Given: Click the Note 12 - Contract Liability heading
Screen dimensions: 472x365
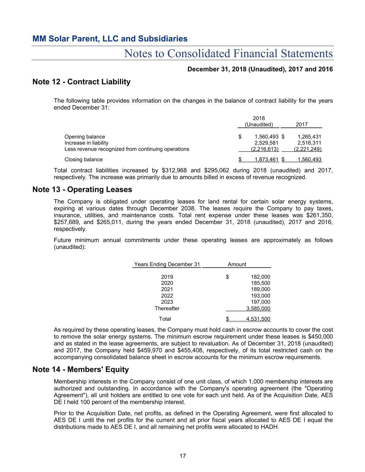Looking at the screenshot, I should point(81,82).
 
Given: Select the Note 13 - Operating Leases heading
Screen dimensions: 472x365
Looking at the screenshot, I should point(82,189).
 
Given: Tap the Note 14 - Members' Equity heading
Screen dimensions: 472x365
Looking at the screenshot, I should point(80,370).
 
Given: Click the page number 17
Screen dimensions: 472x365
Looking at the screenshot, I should point(183,456).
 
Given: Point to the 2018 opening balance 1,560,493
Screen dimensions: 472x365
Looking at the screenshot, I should point(266,137).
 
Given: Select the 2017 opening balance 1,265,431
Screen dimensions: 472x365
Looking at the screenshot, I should point(309,137).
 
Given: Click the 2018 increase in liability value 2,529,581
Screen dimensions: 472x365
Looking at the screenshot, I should point(266,143).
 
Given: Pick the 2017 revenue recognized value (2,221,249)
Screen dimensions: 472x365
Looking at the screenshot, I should point(308,149).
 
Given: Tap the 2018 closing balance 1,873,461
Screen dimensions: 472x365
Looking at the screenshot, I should point(266,160).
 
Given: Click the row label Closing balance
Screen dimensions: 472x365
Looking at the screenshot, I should point(83,160).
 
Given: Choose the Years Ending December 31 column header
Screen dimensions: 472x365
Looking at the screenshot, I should point(167,265).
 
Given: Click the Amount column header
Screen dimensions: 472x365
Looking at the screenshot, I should point(237,265).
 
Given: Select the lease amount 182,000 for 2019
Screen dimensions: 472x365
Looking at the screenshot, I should point(261,277).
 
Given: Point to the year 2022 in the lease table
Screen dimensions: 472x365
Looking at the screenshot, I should point(167,296).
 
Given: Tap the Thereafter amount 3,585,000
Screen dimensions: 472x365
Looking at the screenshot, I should point(258,308).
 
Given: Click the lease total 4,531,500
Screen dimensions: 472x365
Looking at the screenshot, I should point(258,319).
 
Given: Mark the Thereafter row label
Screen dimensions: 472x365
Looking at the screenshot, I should point(167,308).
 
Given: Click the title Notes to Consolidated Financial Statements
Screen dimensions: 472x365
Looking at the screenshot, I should point(228,54).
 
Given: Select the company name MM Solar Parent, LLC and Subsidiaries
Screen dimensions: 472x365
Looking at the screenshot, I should point(110,39).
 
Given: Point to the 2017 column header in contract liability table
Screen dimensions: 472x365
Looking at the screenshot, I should point(302,125).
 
